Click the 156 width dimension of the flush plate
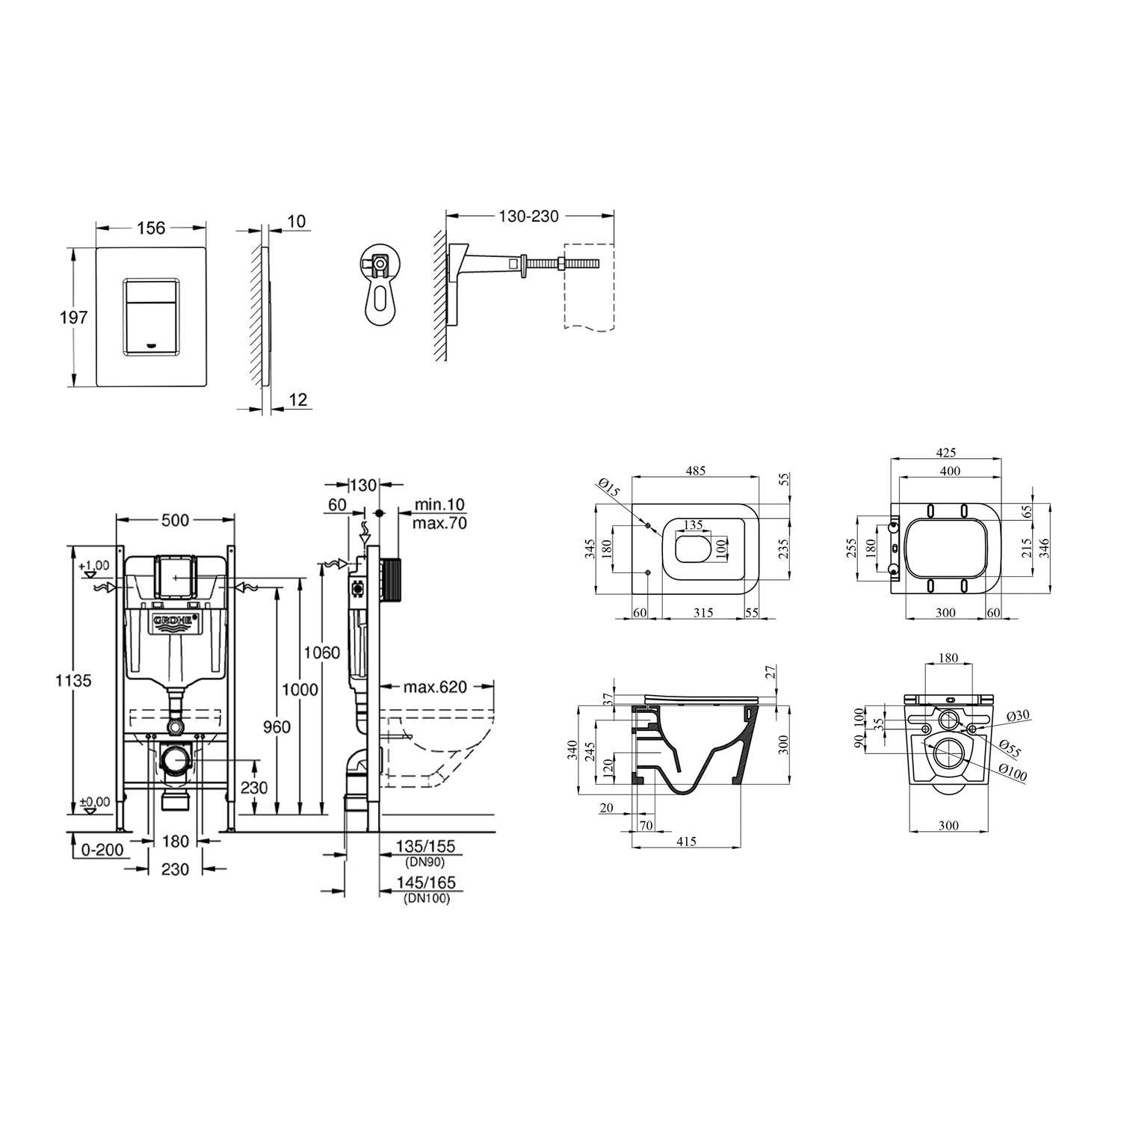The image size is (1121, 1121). point(151,228)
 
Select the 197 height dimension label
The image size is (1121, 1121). point(74,318)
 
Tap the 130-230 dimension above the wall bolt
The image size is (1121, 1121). point(528,216)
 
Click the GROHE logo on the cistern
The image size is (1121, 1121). point(176,622)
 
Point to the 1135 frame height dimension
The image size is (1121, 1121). point(74,681)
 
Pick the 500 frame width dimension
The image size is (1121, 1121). point(175,520)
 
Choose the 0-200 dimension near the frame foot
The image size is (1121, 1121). point(102,850)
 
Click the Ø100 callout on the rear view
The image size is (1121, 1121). point(1013,774)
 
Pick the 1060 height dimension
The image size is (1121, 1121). point(321,652)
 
